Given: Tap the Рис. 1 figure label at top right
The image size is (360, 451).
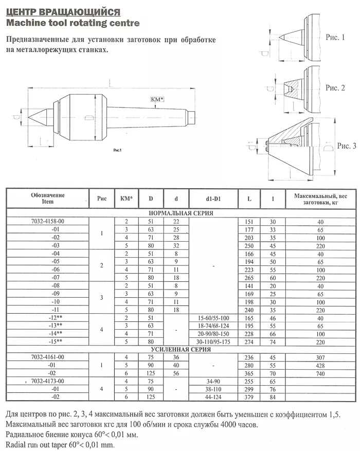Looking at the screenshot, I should pos(335,37).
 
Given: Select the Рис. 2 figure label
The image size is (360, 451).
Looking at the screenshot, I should pos(335,88).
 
